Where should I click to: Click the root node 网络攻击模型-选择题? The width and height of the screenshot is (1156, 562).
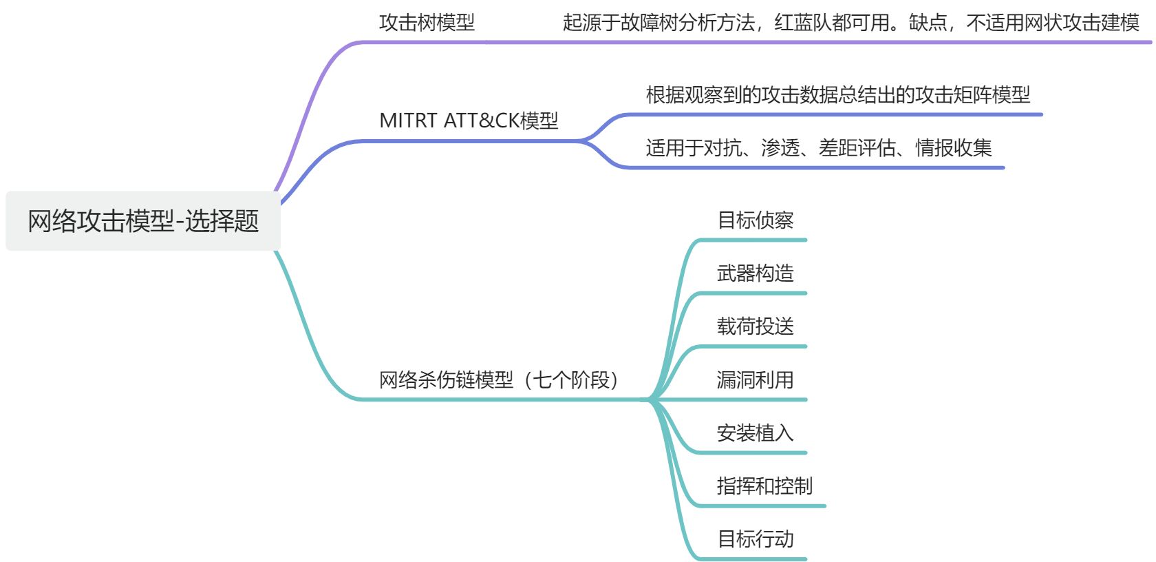pos(143,221)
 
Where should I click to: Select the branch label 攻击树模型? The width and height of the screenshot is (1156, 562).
pos(427,23)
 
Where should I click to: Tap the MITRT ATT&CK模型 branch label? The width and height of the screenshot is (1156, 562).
pos(469,121)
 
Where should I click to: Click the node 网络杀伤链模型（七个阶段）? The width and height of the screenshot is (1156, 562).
pos(498,379)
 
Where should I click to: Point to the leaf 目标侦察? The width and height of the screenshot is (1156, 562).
pos(755,220)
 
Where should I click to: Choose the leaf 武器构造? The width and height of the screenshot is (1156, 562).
pos(755,273)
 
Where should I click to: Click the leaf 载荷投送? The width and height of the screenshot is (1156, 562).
pos(755,326)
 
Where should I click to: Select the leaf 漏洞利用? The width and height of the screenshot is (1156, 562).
pos(755,379)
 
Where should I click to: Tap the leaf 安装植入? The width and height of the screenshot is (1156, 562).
pos(755,433)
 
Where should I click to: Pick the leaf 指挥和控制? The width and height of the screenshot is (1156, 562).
pos(764,486)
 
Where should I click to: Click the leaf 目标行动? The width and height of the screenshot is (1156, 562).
pos(755,539)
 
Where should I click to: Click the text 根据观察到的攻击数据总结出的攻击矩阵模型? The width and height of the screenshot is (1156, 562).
pos(837,94)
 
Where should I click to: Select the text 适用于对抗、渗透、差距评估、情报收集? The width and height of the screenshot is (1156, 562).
pos(818,147)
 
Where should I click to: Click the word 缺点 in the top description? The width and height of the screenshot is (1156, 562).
pos(928,23)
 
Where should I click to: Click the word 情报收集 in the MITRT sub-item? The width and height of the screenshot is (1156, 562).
pos(953,147)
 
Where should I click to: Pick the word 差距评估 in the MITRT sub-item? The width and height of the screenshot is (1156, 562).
pos(857,147)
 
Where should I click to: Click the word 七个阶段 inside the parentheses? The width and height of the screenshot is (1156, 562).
pos(571,379)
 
